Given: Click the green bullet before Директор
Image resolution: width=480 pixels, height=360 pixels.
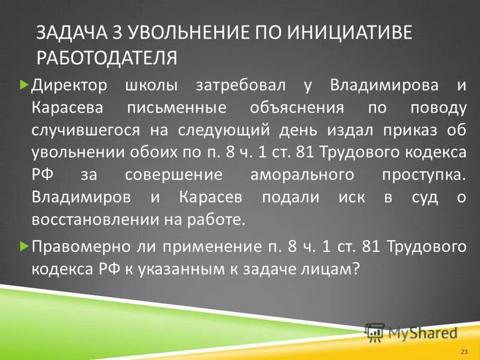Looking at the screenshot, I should click(24, 85).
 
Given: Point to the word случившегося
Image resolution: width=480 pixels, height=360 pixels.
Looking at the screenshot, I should click(86, 130).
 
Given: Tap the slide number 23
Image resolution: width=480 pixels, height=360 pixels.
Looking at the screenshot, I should click(463, 350).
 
